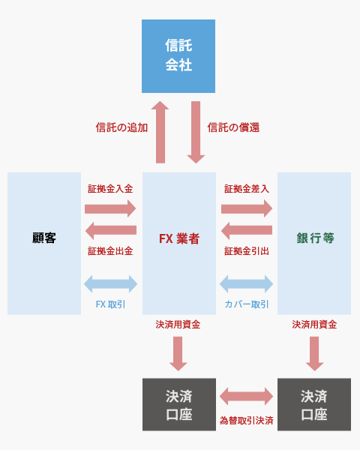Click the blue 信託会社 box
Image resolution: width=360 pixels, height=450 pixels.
click(x=178, y=56)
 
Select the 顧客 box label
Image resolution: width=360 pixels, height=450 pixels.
click(x=44, y=238)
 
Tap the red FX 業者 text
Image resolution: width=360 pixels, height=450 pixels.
click(x=179, y=238)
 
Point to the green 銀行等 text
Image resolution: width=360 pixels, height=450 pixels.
click(x=315, y=238)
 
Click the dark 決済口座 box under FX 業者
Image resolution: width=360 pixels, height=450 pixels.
click(x=179, y=404)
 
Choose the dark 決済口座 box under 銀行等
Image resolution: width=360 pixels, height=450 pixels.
click(x=314, y=404)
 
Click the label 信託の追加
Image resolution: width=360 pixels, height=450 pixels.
click(x=121, y=127)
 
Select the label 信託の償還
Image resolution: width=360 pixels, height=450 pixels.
click(x=233, y=127)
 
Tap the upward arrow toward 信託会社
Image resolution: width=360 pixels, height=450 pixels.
click(x=160, y=132)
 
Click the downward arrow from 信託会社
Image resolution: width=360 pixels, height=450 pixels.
click(x=196, y=132)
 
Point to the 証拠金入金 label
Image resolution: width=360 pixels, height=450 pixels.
click(x=110, y=189)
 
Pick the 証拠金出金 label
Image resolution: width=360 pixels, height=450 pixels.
click(x=110, y=251)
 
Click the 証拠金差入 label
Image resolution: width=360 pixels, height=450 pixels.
click(x=247, y=189)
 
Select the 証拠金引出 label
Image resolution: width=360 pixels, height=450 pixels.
click(x=247, y=251)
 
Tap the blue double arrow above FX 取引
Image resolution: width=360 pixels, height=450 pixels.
click(x=110, y=283)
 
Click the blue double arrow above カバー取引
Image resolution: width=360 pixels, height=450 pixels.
click(x=246, y=283)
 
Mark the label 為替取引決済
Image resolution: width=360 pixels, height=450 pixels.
click(x=246, y=421)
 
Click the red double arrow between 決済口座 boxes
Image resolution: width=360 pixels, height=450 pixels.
click(x=246, y=396)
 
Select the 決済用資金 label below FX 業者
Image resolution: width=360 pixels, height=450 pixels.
click(x=178, y=325)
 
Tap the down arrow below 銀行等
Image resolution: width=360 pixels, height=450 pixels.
click(x=315, y=354)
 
